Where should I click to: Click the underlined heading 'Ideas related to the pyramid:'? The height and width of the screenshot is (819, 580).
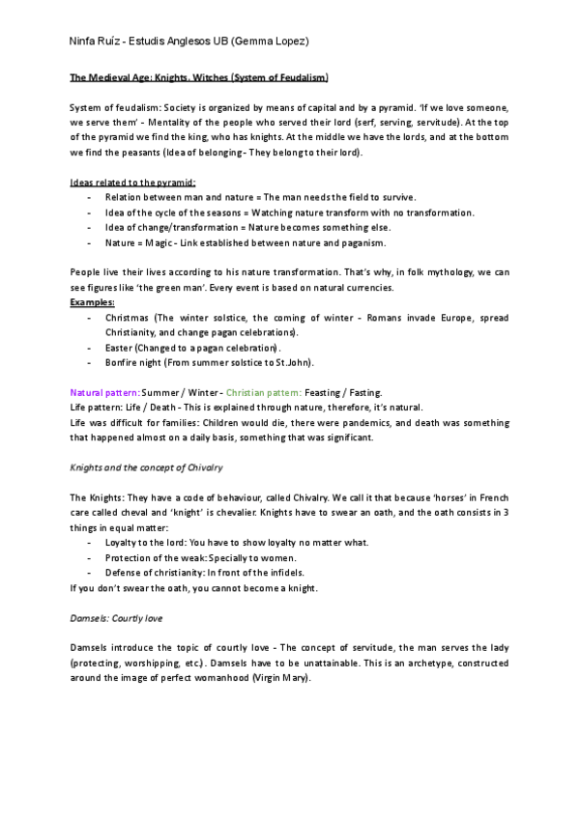pyautogui.click(x=133, y=182)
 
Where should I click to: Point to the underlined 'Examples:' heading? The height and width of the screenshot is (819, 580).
pyautogui.click(x=93, y=302)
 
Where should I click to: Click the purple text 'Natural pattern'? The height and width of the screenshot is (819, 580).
pyautogui.click(x=104, y=393)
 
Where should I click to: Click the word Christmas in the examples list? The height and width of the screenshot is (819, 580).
pyautogui.click(x=125, y=318)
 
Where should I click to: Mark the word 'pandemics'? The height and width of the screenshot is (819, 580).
pyautogui.click(x=348, y=423)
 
